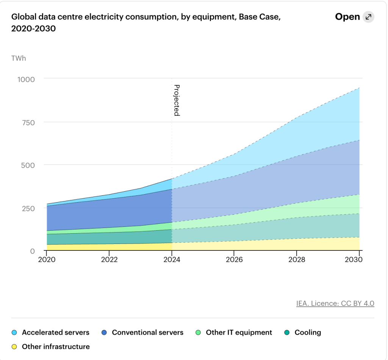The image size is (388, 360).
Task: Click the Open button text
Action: click(347, 17)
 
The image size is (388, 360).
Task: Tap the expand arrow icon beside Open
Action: click(368, 17)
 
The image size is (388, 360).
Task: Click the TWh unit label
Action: click(19, 58)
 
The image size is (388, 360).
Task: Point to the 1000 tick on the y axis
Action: click(26, 79)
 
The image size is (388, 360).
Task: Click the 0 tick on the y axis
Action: click(33, 251)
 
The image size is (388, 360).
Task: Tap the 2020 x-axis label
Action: click(47, 260)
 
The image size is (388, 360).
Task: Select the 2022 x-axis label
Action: click(110, 260)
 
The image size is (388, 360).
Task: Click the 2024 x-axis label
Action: click(172, 260)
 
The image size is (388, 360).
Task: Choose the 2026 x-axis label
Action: click(234, 260)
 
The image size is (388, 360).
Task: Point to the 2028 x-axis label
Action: click(296, 260)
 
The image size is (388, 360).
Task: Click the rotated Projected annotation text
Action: click(177, 100)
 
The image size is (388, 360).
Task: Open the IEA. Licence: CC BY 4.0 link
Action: click(335, 303)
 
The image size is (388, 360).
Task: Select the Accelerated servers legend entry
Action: click(55, 333)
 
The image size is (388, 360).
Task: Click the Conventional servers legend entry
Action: click(147, 333)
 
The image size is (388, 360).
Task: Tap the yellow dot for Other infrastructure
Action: click(14, 347)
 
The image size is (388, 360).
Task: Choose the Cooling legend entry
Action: click(307, 333)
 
